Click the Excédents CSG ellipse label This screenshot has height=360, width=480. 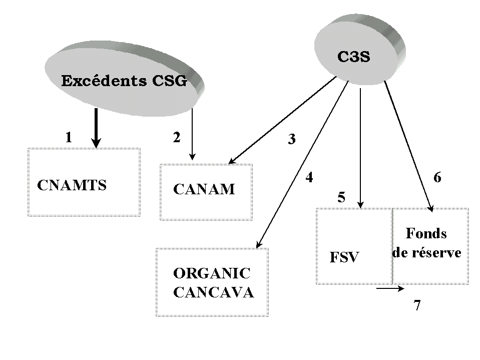click(124, 81)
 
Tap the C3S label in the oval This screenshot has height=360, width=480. click(353, 57)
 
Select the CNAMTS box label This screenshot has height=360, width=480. click(72, 185)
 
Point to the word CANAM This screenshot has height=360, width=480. click(204, 189)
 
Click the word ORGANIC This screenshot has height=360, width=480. click(212, 273)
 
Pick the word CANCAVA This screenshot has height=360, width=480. click(214, 292)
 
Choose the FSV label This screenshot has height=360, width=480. click(344, 257)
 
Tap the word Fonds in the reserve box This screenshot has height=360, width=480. click(426, 233)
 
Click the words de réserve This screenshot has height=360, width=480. click(427, 252)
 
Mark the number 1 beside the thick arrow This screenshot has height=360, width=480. click(69, 137)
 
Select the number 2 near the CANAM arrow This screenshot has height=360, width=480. click(176, 138)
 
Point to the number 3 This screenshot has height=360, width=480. click(291, 140)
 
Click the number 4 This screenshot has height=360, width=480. click(309, 177)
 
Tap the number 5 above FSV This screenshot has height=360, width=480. click(341, 197)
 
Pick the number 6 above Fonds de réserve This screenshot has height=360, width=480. click(437, 177)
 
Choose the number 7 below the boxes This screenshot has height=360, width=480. click(417, 305)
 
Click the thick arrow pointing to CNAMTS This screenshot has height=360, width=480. click(96, 128)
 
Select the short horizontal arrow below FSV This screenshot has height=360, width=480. click(390, 288)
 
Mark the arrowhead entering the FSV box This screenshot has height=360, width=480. click(361, 204)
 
